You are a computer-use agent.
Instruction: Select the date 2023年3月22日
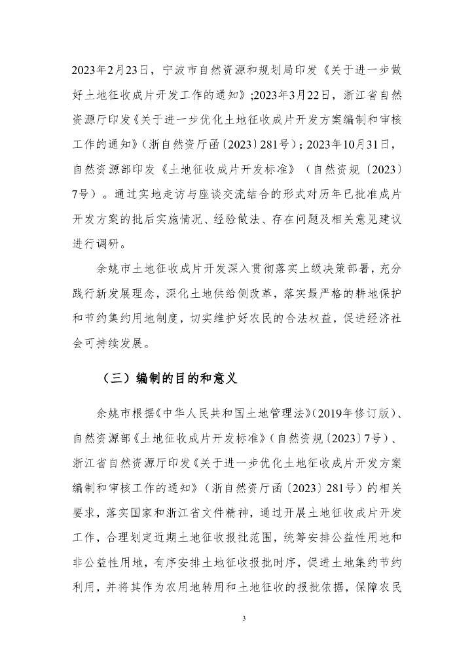pyautogui.click(x=298, y=97)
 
